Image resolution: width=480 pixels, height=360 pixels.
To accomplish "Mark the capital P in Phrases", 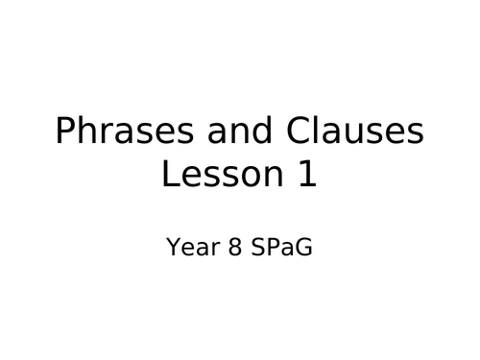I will [65, 132].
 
